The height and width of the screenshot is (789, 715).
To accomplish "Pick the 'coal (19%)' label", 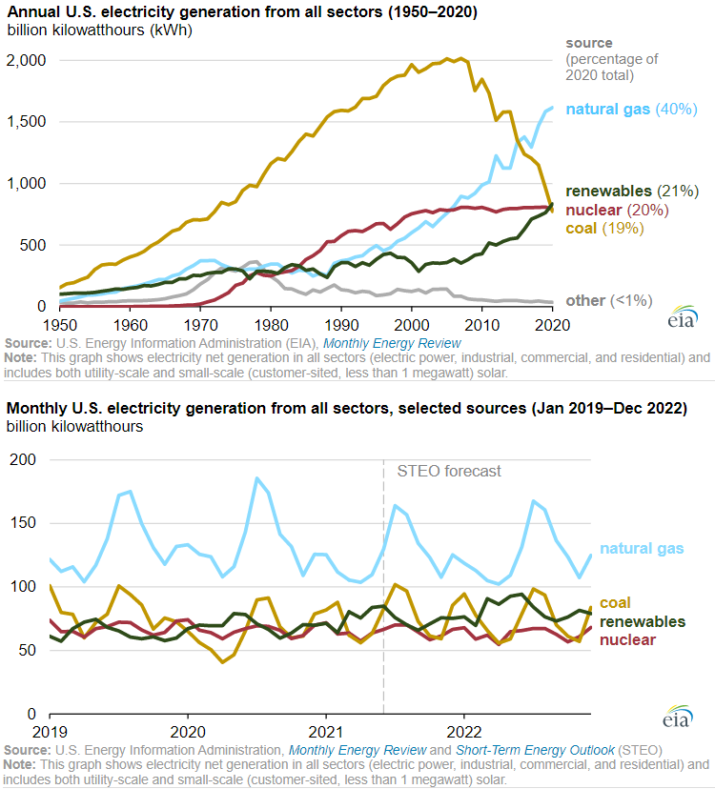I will point(604,228).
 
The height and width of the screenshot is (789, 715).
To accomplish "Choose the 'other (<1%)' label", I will point(608,300).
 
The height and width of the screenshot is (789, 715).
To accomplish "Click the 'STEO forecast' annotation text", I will point(448,471).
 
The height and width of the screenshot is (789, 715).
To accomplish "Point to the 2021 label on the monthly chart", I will point(326,733).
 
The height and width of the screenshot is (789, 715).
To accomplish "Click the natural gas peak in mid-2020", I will point(256,477).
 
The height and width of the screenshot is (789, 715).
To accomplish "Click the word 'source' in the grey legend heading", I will point(589,44).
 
